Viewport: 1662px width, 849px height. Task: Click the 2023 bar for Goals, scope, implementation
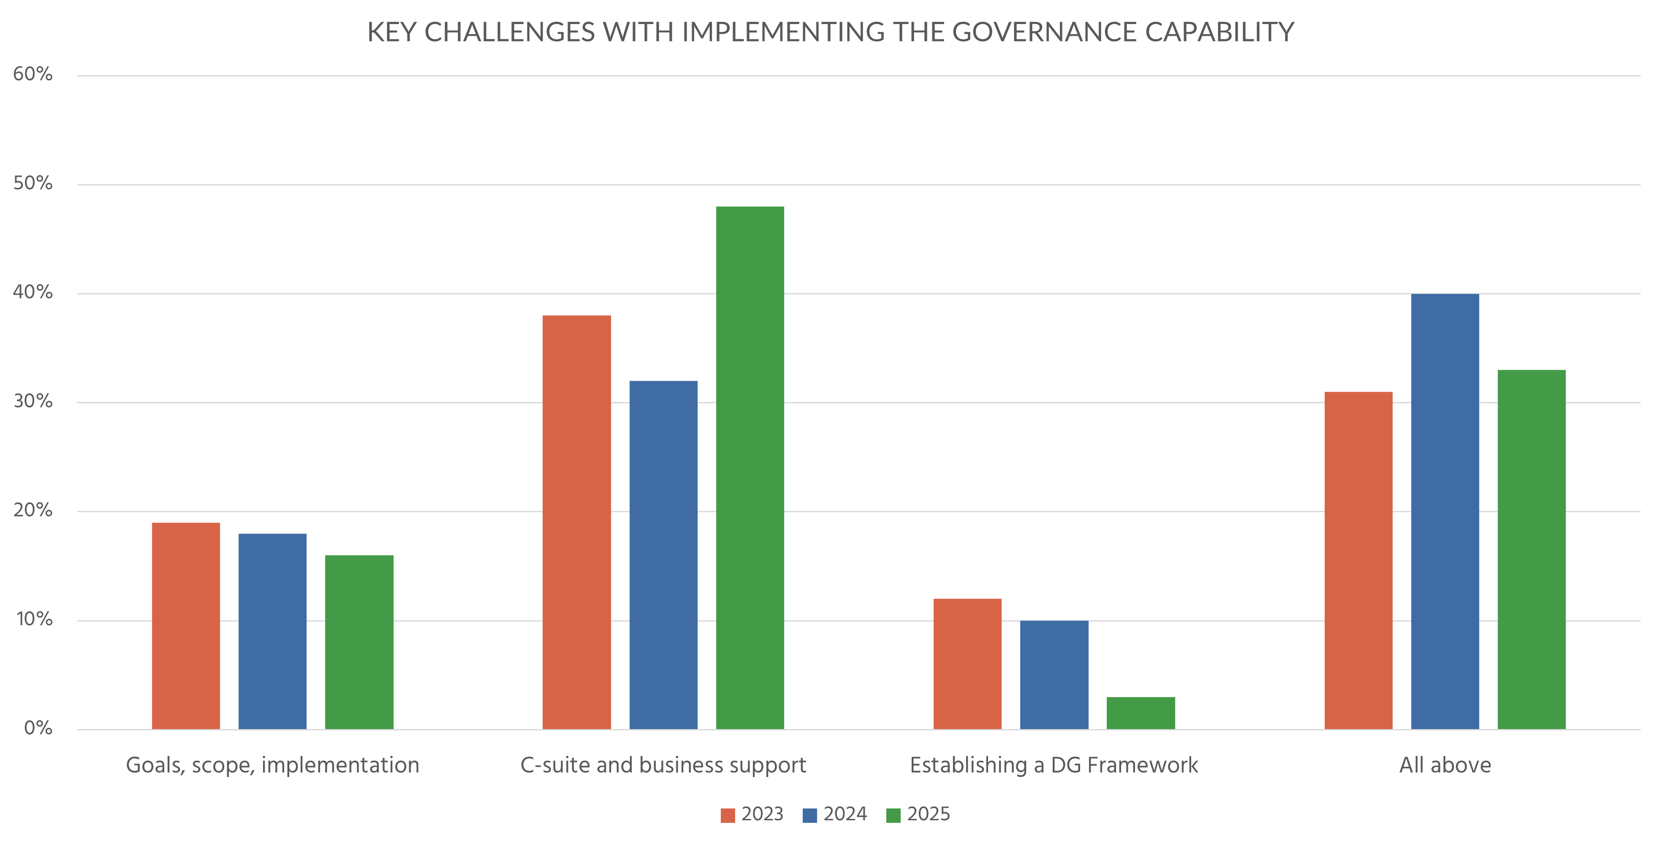pyautogui.click(x=186, y=626)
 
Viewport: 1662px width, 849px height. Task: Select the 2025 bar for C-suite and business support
pyautogui.click(x=750, y=468)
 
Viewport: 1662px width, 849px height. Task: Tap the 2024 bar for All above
pyautogui.click(x=1445, y=512)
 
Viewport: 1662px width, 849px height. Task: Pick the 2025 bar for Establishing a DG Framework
pyautogui.click(x=1140, y=713)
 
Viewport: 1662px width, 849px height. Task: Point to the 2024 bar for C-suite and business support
pyautogui.click(x=663, y=555)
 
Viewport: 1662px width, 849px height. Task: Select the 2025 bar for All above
pyautogui.click(x=1531, y=550)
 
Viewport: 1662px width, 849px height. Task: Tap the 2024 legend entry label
pyautogui.click(x=845, y=814)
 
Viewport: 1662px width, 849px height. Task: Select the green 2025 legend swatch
pyautogui.click(x=893, y=816)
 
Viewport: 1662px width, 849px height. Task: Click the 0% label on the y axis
pyautogui.click(x=38, y=728)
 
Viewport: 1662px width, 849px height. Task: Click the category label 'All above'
pyautogui.click(x=1445, y=765)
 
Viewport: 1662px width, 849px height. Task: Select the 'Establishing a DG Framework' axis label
pyautogui.click(x=1054, y=765)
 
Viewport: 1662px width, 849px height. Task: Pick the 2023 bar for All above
pyautogui.click(x=1358, y=561)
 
